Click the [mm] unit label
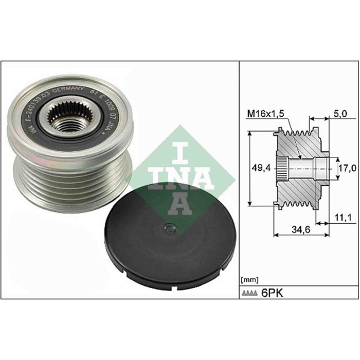click(x=248, y=280)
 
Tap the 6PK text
click(x=273, y=293)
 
